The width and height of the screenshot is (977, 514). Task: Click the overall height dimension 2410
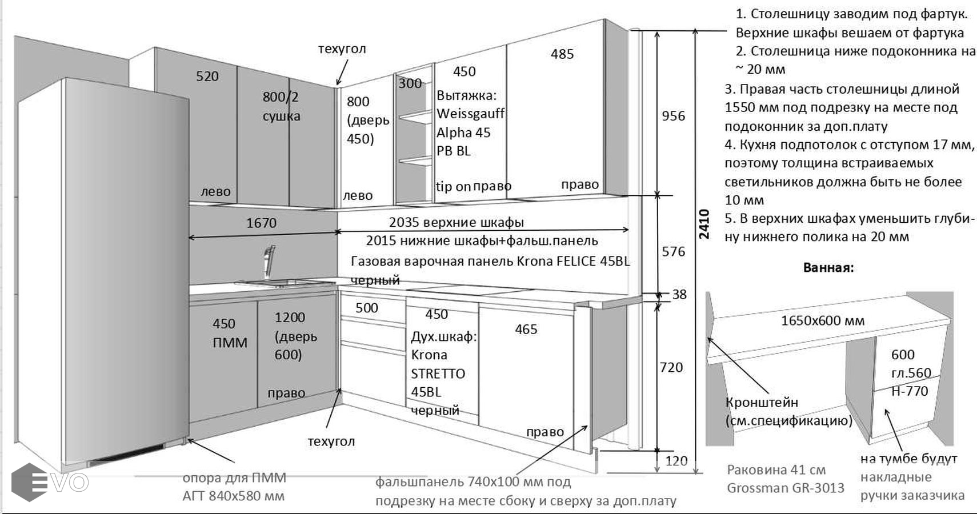(x=704, y=224)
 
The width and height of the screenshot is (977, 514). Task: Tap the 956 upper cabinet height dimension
(x=673, y=116)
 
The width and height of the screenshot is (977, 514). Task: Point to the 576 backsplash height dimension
(x=673, y=251)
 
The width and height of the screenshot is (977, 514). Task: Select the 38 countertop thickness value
(x=679, y=295)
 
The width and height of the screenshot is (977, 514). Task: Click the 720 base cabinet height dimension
(x=671, y=367)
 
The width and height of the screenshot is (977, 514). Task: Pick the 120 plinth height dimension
(x=676, y=461)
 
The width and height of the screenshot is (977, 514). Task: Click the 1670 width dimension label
(x=261, y=223)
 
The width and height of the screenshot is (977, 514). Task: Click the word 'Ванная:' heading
(x=828, y=268)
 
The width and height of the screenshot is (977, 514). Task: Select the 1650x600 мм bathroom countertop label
(x=823, y=321)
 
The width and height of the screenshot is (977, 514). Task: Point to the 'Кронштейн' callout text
(x=762, y=402)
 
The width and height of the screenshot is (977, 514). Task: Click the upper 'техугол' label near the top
(x=342, y=49)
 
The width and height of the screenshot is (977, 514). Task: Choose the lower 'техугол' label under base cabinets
(x=331, y=441)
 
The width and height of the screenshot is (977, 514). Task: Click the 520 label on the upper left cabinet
(x=207, y=77)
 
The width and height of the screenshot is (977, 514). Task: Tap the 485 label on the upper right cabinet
(x=562, y=54)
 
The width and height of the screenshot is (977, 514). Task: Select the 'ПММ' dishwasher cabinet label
(x=230, y=343)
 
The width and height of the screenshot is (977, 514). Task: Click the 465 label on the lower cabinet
(x=526, y=330)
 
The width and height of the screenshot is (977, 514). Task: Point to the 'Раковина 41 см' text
(x=776, y=470)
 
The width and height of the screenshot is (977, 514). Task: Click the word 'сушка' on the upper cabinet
(x=281, y=117)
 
